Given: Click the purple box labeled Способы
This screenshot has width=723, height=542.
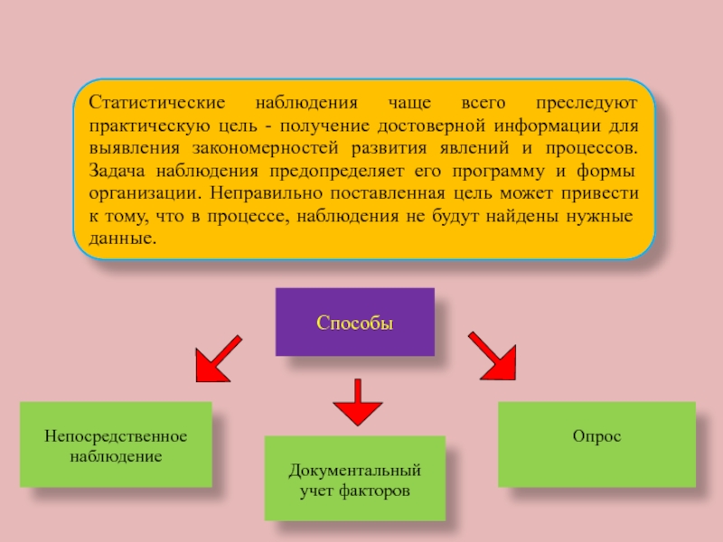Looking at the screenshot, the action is pos(354,322).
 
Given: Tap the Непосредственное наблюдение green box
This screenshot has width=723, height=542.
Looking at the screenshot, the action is pos(116,445).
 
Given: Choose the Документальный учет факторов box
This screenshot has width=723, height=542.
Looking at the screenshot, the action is pos(354,480).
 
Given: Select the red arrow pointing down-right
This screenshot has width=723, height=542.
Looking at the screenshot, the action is pos(491,355).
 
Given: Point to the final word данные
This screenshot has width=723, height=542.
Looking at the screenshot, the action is pos(122,240).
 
